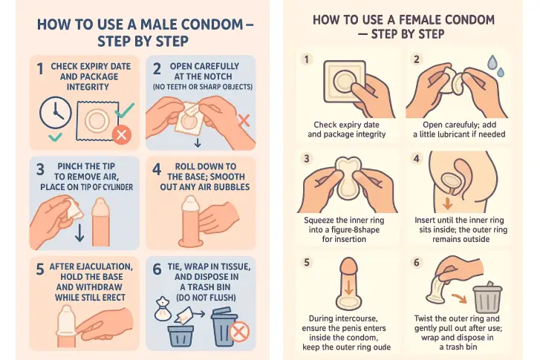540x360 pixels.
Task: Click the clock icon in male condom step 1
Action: [x=56, y=113]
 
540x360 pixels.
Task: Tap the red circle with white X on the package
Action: [x=122, y=134]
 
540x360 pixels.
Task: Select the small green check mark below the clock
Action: [x=55, y=137]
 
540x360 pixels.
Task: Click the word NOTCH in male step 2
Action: [x=217, y=76]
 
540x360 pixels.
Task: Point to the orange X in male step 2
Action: [x=244, y=120]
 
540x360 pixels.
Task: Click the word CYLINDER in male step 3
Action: [x=117, y=187]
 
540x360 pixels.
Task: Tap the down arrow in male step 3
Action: [x=79, y=232]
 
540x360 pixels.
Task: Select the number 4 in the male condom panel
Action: [x=157, y=169]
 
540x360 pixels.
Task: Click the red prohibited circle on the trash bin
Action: [x=239, y=332]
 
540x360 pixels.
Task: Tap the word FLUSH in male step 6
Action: [x=221, y=298]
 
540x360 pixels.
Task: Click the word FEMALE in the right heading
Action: [x=421, y=20]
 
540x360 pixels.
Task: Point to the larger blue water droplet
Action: [x=492, y=62]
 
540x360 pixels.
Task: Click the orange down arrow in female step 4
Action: [x=447, y=203]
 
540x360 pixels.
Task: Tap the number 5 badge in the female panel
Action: [x=307, y=263]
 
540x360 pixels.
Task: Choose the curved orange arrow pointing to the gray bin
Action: [x=460, y=298]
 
